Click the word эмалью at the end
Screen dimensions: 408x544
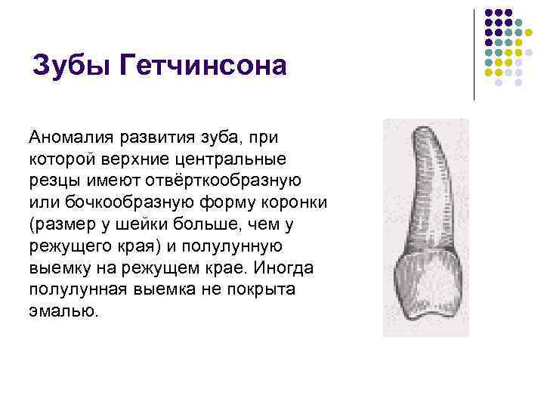(x=63, y=311)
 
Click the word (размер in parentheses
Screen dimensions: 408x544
(x=63, y=224)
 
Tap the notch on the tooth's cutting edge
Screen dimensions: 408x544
(x=428, y=311)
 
